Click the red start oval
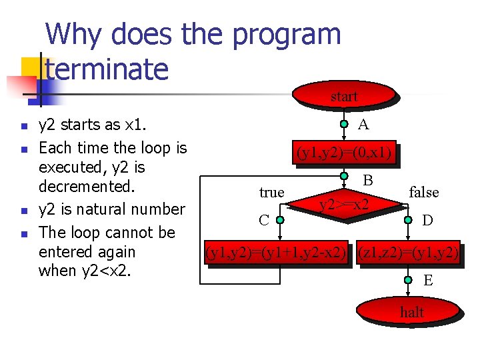(344, 97)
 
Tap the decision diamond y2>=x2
(345, 203)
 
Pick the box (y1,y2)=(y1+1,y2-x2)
(276, 253)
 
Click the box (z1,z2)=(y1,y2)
(408, 253)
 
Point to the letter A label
(363, 125)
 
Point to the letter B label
(367, 180)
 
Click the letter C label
(264, 219)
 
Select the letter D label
(427, 219)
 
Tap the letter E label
(428, 281)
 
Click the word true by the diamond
(271, 193)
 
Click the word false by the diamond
(423, 193)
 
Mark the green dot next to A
(344, 124)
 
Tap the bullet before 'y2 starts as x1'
(24, 125)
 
